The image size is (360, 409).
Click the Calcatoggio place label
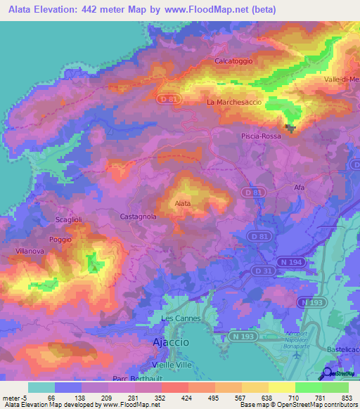pyautogui.click(x=233, y=61)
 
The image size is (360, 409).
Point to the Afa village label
pyautogui.click(x=299, y=188)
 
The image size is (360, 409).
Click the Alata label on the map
pyautogui.click(x=182, y=204)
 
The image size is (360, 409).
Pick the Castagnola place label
pyautogui.click(x=139, y=216)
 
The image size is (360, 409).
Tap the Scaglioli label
pyautogui.click(x=68, y=220)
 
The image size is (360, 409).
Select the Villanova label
pyautogui.click(x=30, y=251)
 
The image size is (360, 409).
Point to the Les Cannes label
pyautogui.click(x=181, y=318)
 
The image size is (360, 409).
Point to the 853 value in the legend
pyautogui.click(x=346, y=398)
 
